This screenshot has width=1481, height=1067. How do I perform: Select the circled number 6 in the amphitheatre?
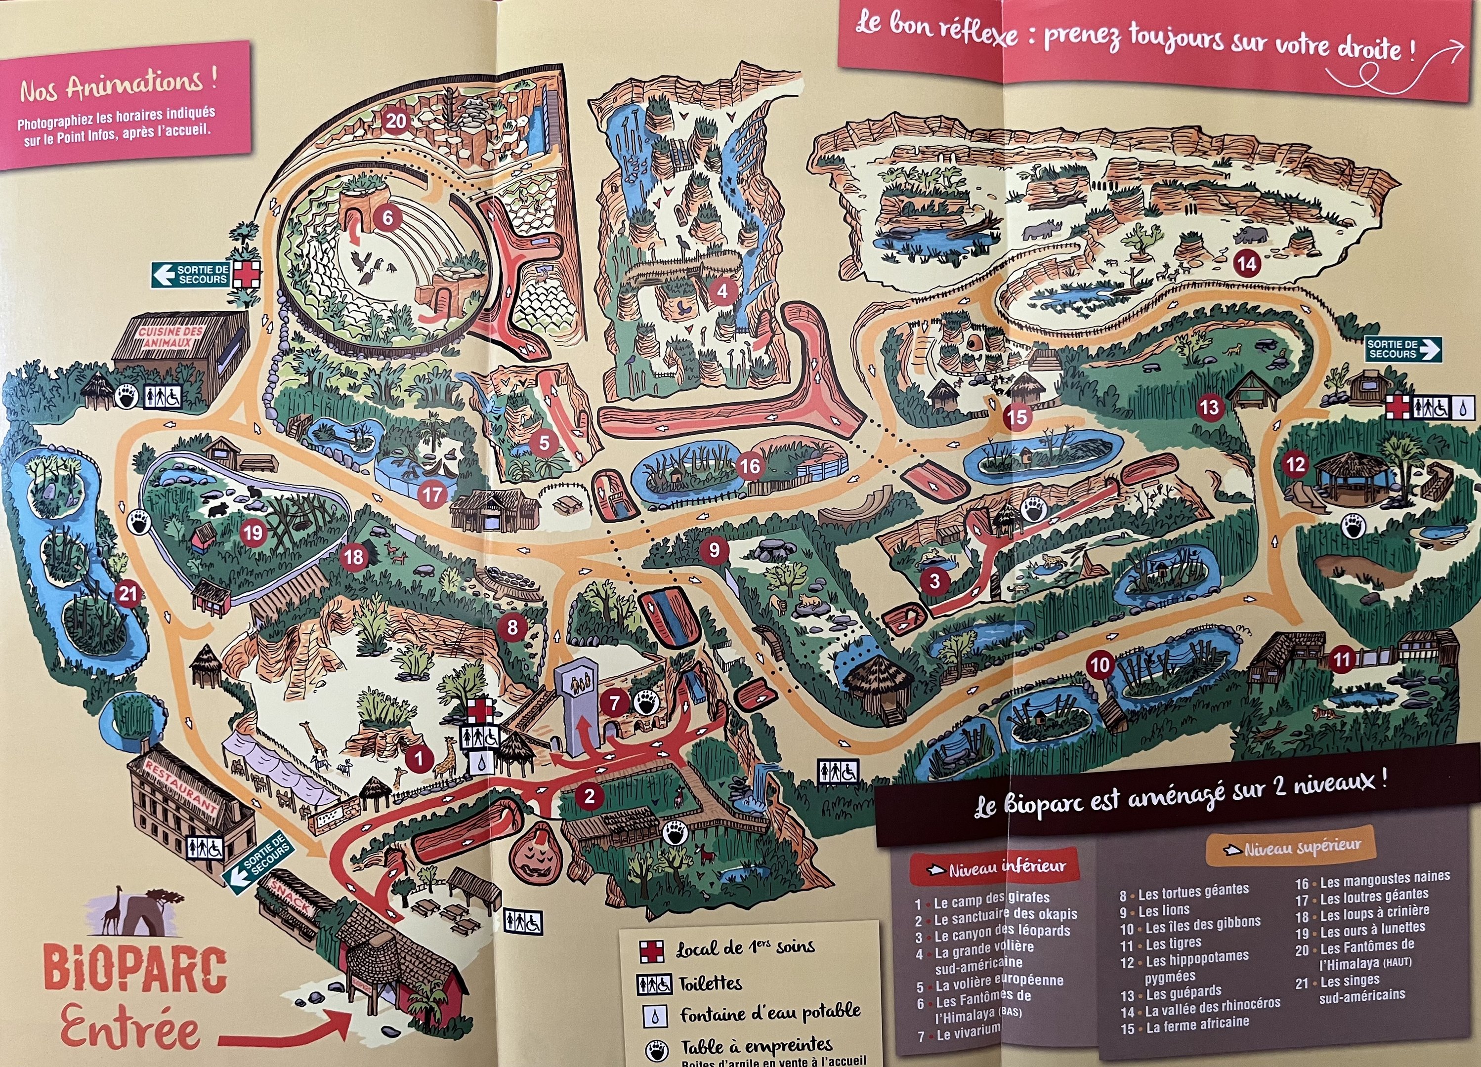[388, 217]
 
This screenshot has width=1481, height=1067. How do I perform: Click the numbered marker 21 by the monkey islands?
[128, 593]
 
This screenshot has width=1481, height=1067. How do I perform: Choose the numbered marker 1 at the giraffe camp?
[419, 758]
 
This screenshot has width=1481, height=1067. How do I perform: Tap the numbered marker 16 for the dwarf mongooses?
[750, 466]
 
